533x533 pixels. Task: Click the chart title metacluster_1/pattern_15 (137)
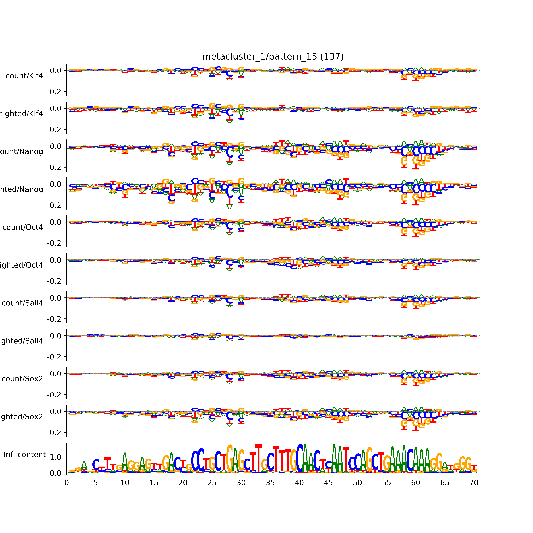click(273, 57)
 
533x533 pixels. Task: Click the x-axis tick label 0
click(67, 483)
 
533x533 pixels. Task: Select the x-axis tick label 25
click(212, 483)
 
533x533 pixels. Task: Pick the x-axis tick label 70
click(474, 483)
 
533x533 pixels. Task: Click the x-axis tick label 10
click(125, 483)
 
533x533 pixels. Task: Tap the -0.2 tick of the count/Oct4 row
click(54, 243)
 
